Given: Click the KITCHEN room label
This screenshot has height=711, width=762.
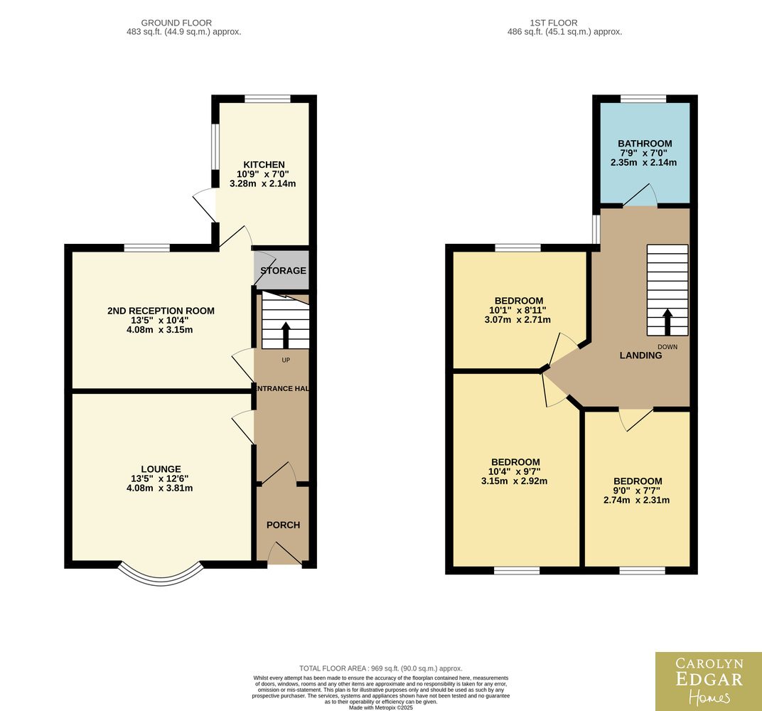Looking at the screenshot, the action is pyautogui.click(x=264, y=165).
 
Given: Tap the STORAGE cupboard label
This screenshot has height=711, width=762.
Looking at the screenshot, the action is pyautogui.click(x=284, y=271).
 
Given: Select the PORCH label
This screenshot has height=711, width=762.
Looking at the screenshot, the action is pyautogui.click(x=284, y=525).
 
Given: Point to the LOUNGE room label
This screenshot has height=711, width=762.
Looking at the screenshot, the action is pyautogui.click(x=161, y=469).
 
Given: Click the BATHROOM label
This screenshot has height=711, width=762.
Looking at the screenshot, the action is pyautogui.click(x=645, y=144).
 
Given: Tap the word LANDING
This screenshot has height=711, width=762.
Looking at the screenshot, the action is pyautogui.click(x=640, y=355).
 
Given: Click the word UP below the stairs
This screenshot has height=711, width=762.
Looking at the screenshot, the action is pyautogui.click(x=286, y=360).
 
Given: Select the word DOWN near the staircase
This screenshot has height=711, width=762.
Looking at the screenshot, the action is pyautogui.click(x=667, y=347).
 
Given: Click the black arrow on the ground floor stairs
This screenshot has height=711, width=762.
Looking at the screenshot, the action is pyautogui.click(x=285, y=335).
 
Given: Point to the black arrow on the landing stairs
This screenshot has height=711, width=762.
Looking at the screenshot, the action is pyautogui.click(x=667, y=321).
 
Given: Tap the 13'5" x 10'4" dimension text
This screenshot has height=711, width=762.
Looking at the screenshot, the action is pyautogui.click(x=159, y=320).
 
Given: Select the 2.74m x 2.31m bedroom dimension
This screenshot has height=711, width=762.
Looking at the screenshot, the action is pyautogui.click(x=637, y=500).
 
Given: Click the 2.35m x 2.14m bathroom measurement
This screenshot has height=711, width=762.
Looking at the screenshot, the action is pyautogui.click(x=643, y=162).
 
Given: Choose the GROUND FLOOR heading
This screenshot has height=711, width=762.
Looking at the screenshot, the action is pyautogui.click(x=176, y=23).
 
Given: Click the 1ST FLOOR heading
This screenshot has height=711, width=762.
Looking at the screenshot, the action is pyautogui.click(x=554, y=23).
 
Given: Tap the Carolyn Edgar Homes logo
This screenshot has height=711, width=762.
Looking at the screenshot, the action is pyautogui.click(x=709, y=681).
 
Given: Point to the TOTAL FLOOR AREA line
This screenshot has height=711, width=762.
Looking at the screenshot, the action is pyautogui.click(x=381, y=668).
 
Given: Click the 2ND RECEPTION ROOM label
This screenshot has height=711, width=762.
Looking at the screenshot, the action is pyautogui.click(x=161, y=311).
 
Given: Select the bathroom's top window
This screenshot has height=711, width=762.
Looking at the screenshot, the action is pyautogui.click(x=643, y=99).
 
